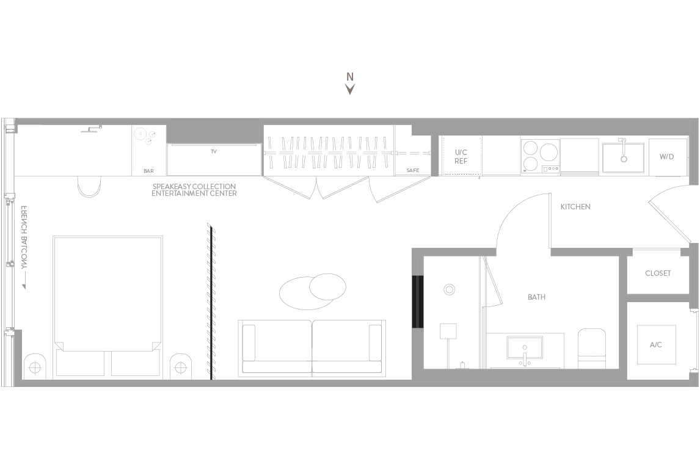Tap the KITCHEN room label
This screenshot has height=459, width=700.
[x=575, y=206]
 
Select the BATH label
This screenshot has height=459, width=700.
[x=537, y=297]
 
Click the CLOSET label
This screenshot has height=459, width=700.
[x=658, y=273]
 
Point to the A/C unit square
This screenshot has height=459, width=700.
[x=656, y=344]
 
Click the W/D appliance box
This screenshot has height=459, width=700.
[x=668, y=157]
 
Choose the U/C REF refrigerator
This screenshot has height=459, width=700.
[x=461, y=156]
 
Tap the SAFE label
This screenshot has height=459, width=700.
[x=413, y=170]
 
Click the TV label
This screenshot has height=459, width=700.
[x=214, y=151]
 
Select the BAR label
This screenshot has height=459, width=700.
[x=148, y=171]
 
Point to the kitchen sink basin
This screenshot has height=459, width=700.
[x=624, y=157]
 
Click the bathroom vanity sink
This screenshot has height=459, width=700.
[x=525, y=347]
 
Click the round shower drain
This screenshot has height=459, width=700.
[x=449, y=289]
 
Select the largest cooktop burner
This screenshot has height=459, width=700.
[x=549, y=153]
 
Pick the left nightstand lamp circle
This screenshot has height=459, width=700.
[x=34, y=367]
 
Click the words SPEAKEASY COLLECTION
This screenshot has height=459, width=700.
[x=194, y=186]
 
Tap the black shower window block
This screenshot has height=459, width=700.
[x=417, y=302]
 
